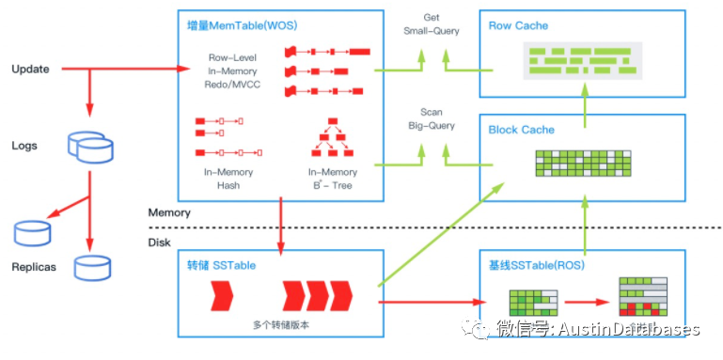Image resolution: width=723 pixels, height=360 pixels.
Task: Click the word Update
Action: click(x=30, y=70)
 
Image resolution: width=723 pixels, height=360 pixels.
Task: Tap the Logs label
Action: click(x=24, y=146)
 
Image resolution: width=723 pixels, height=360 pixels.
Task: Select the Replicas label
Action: click(x=34, y=267)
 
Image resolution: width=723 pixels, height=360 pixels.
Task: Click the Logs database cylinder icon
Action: click(x=90, y=147)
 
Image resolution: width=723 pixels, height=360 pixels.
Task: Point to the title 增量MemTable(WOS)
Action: click(x=242, y=25)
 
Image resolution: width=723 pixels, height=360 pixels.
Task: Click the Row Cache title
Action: click(x=518, y=25)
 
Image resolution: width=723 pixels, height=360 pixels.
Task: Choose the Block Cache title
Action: click(x=522, y=130)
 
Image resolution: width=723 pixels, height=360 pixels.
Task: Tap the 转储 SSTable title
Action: click(x=221, y=265)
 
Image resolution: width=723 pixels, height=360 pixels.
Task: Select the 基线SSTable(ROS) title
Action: click(x=538, y=266)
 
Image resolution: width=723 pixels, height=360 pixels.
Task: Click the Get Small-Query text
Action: click(x=432, y=24)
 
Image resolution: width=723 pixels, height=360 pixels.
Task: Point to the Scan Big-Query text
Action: click(x=432, y=119)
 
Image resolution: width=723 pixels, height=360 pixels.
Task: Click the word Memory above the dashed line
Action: click(x=169, y=213)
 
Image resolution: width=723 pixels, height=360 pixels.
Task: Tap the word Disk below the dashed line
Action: click(x=159, y=243)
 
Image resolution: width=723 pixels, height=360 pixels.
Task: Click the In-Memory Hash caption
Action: click(x=228, y=179)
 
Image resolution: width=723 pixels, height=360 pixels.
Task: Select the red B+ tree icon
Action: click(x=333, y=137)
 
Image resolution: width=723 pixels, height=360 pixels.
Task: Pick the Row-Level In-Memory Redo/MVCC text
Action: click(x=232, y=71)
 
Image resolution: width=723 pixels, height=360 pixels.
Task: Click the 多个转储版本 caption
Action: click(x=281, y=324)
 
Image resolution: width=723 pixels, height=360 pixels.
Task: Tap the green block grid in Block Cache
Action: click(x=583, y=164)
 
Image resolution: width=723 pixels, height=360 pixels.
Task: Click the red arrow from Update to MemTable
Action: click(x=126, y=70)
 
